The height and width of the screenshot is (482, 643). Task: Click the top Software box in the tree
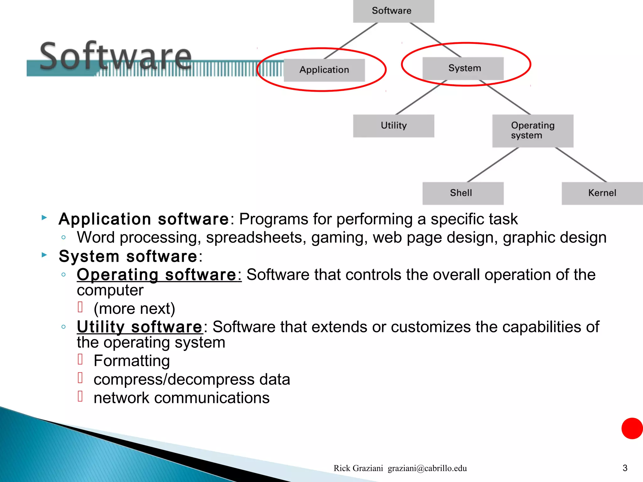(393, 11)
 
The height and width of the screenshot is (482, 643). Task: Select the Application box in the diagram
(324, 70)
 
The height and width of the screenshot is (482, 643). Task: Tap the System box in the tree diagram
(463, 68)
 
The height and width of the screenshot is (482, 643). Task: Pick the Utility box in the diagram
(393, 126)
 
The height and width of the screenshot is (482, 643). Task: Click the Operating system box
(532, 131)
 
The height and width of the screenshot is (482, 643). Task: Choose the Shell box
(463, 193)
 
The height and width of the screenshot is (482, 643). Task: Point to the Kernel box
(602, 193)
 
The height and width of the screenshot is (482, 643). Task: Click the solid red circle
(632, 428)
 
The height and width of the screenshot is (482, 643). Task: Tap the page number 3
(625, 468)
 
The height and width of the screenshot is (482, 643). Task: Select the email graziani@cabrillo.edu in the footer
(427, 468)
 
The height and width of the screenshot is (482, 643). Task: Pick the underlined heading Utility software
(140, 327)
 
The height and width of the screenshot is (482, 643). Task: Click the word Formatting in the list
(132, 361)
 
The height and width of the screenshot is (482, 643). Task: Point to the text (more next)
(134, 309)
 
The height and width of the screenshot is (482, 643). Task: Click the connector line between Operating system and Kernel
(581, 165)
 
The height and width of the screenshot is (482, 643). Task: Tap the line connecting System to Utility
(421, 97)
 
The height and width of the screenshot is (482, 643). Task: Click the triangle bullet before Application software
(44, 217)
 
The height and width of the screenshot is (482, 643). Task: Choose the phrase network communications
(181, 398)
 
